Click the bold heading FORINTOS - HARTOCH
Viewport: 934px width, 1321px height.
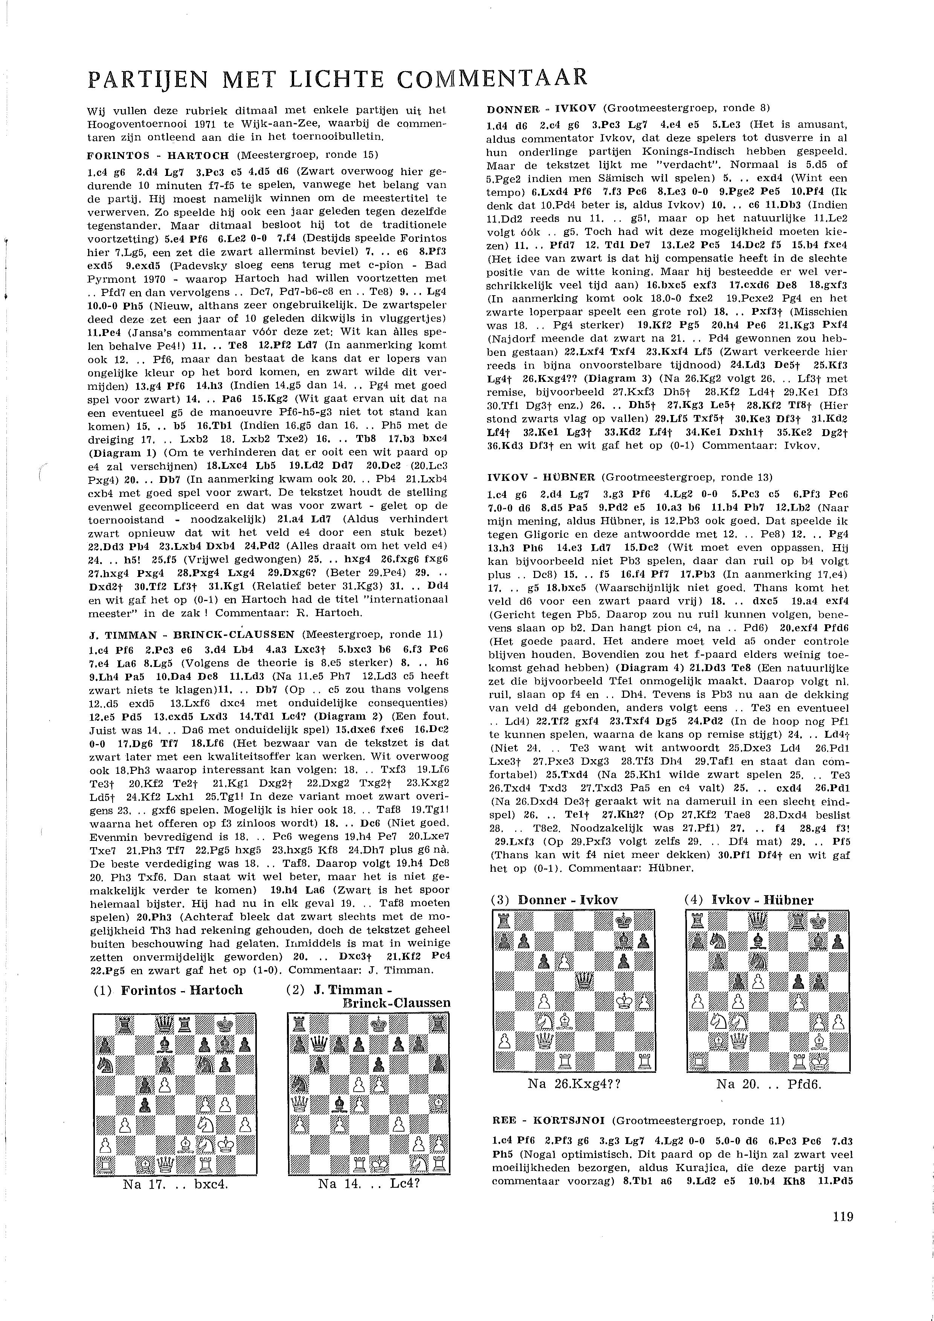coord(158,156)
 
